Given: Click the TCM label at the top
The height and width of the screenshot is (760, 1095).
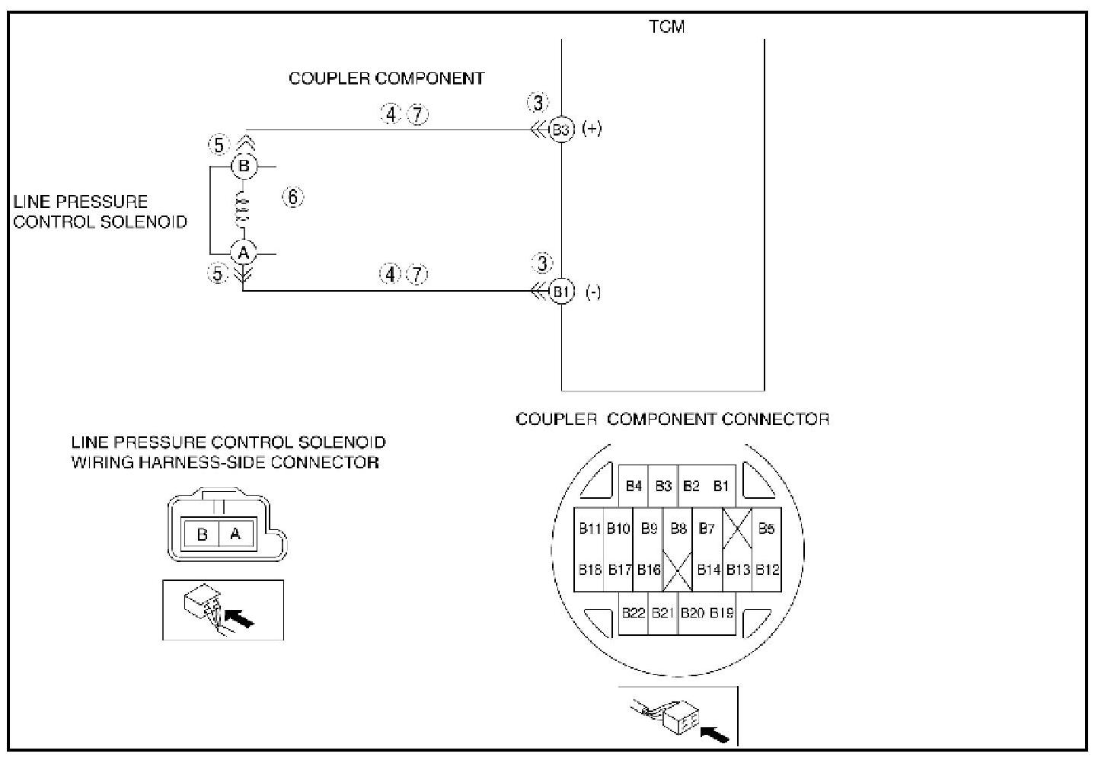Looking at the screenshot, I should [x=666, y=27].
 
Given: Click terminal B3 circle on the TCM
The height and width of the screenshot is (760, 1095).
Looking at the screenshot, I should [x=561, y=129].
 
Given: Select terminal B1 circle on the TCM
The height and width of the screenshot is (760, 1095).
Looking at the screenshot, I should [x=561, y=291].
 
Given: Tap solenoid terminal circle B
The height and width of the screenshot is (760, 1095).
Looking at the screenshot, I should [x=243, y=166].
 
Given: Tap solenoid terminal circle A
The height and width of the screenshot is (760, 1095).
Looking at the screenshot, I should [x=243, y=252].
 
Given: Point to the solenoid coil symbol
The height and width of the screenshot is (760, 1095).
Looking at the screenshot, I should [x=243, y=209].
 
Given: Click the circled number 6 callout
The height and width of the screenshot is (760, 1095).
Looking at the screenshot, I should [x=293, y=197].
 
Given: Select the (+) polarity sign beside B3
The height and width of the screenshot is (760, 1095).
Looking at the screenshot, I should [x=592, y=129].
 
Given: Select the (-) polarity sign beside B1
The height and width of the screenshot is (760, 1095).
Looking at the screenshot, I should [x=593, y=292].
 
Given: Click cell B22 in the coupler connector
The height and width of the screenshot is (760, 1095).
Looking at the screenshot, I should [x=634, y=612].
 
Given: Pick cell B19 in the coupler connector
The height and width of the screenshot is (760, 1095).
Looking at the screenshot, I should [x=722, y=612].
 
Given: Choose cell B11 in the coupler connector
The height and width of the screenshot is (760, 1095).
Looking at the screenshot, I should [x=589, y=528].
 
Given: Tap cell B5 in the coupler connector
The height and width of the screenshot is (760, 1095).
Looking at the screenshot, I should [x=766, y=528].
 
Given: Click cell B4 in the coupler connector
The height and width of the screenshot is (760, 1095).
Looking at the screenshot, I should [x=634, y=486].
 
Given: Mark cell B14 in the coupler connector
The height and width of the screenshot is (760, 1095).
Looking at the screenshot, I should [x=708, y=570].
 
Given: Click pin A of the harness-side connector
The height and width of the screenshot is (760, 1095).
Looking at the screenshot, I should [x=235, y=534].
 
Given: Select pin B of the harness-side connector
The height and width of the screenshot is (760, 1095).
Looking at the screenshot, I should [x=202, y=534].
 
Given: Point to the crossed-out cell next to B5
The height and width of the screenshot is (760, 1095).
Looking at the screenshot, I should [x=737, y=528].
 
